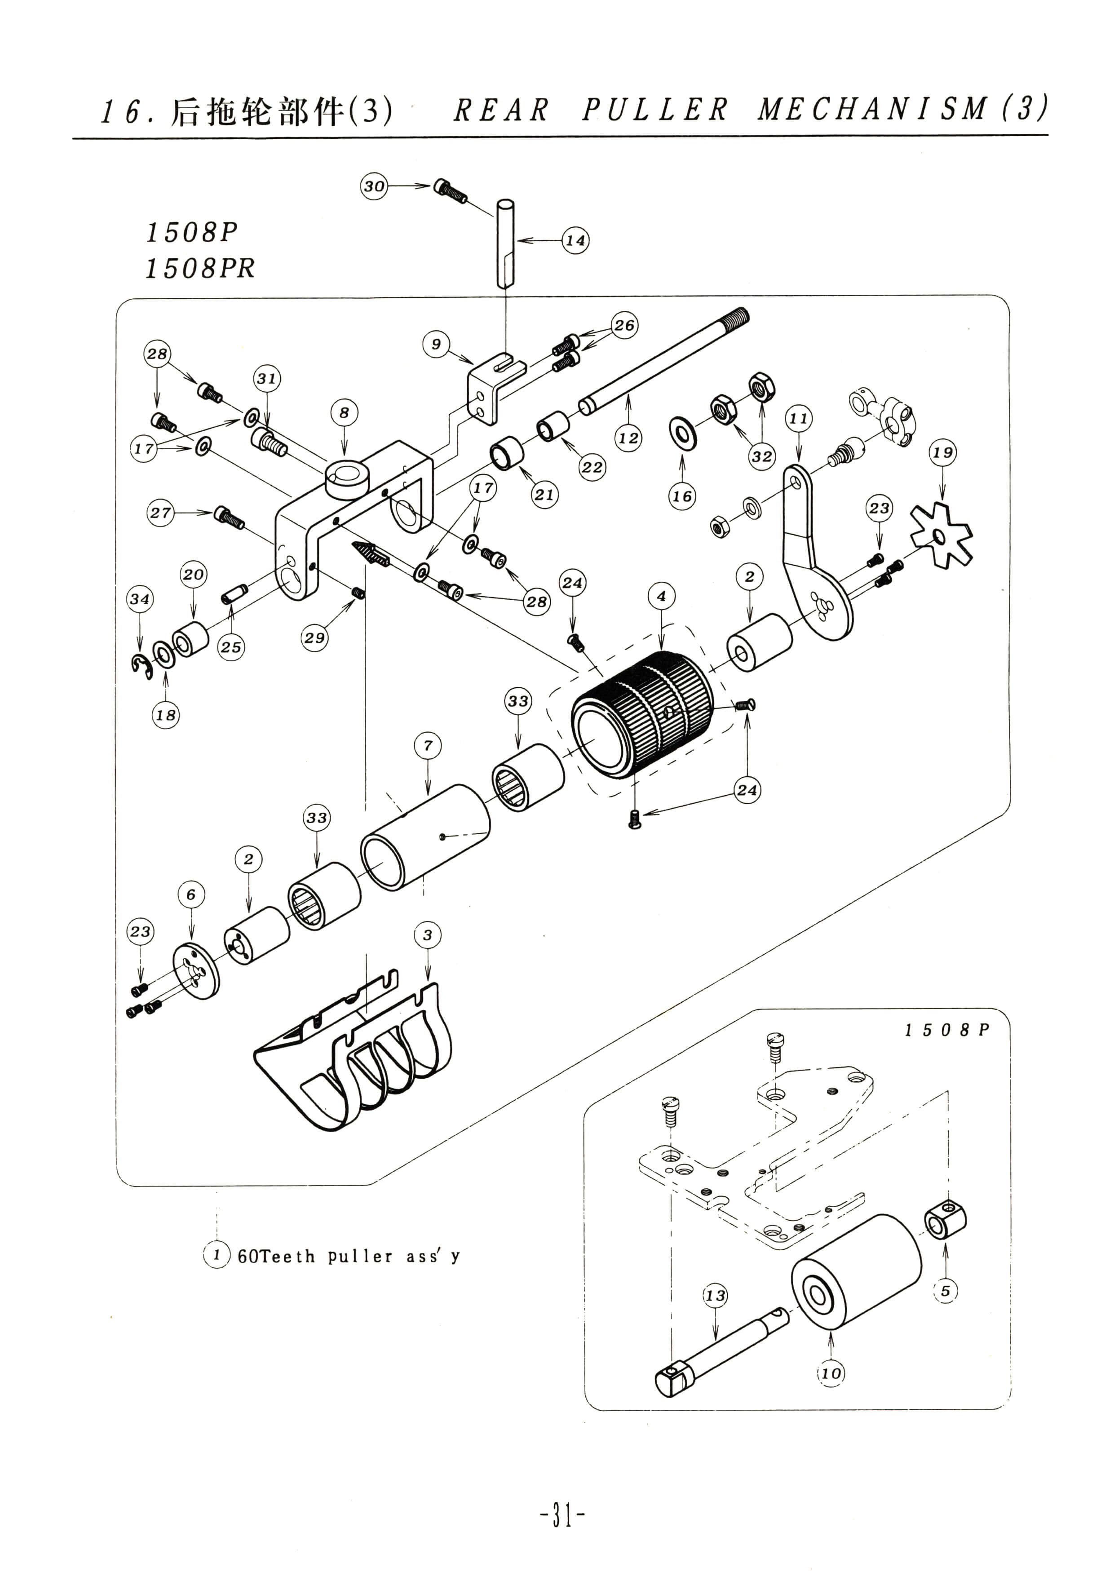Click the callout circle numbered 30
click(374, 186)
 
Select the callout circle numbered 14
click(575, 240)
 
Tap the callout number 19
click(942, 452)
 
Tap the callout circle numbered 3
click(428, 935)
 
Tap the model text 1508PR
click(200, 268)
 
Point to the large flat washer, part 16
click(682, 433)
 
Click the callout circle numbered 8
click(344, 412)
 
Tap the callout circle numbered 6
click(191, 894)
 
